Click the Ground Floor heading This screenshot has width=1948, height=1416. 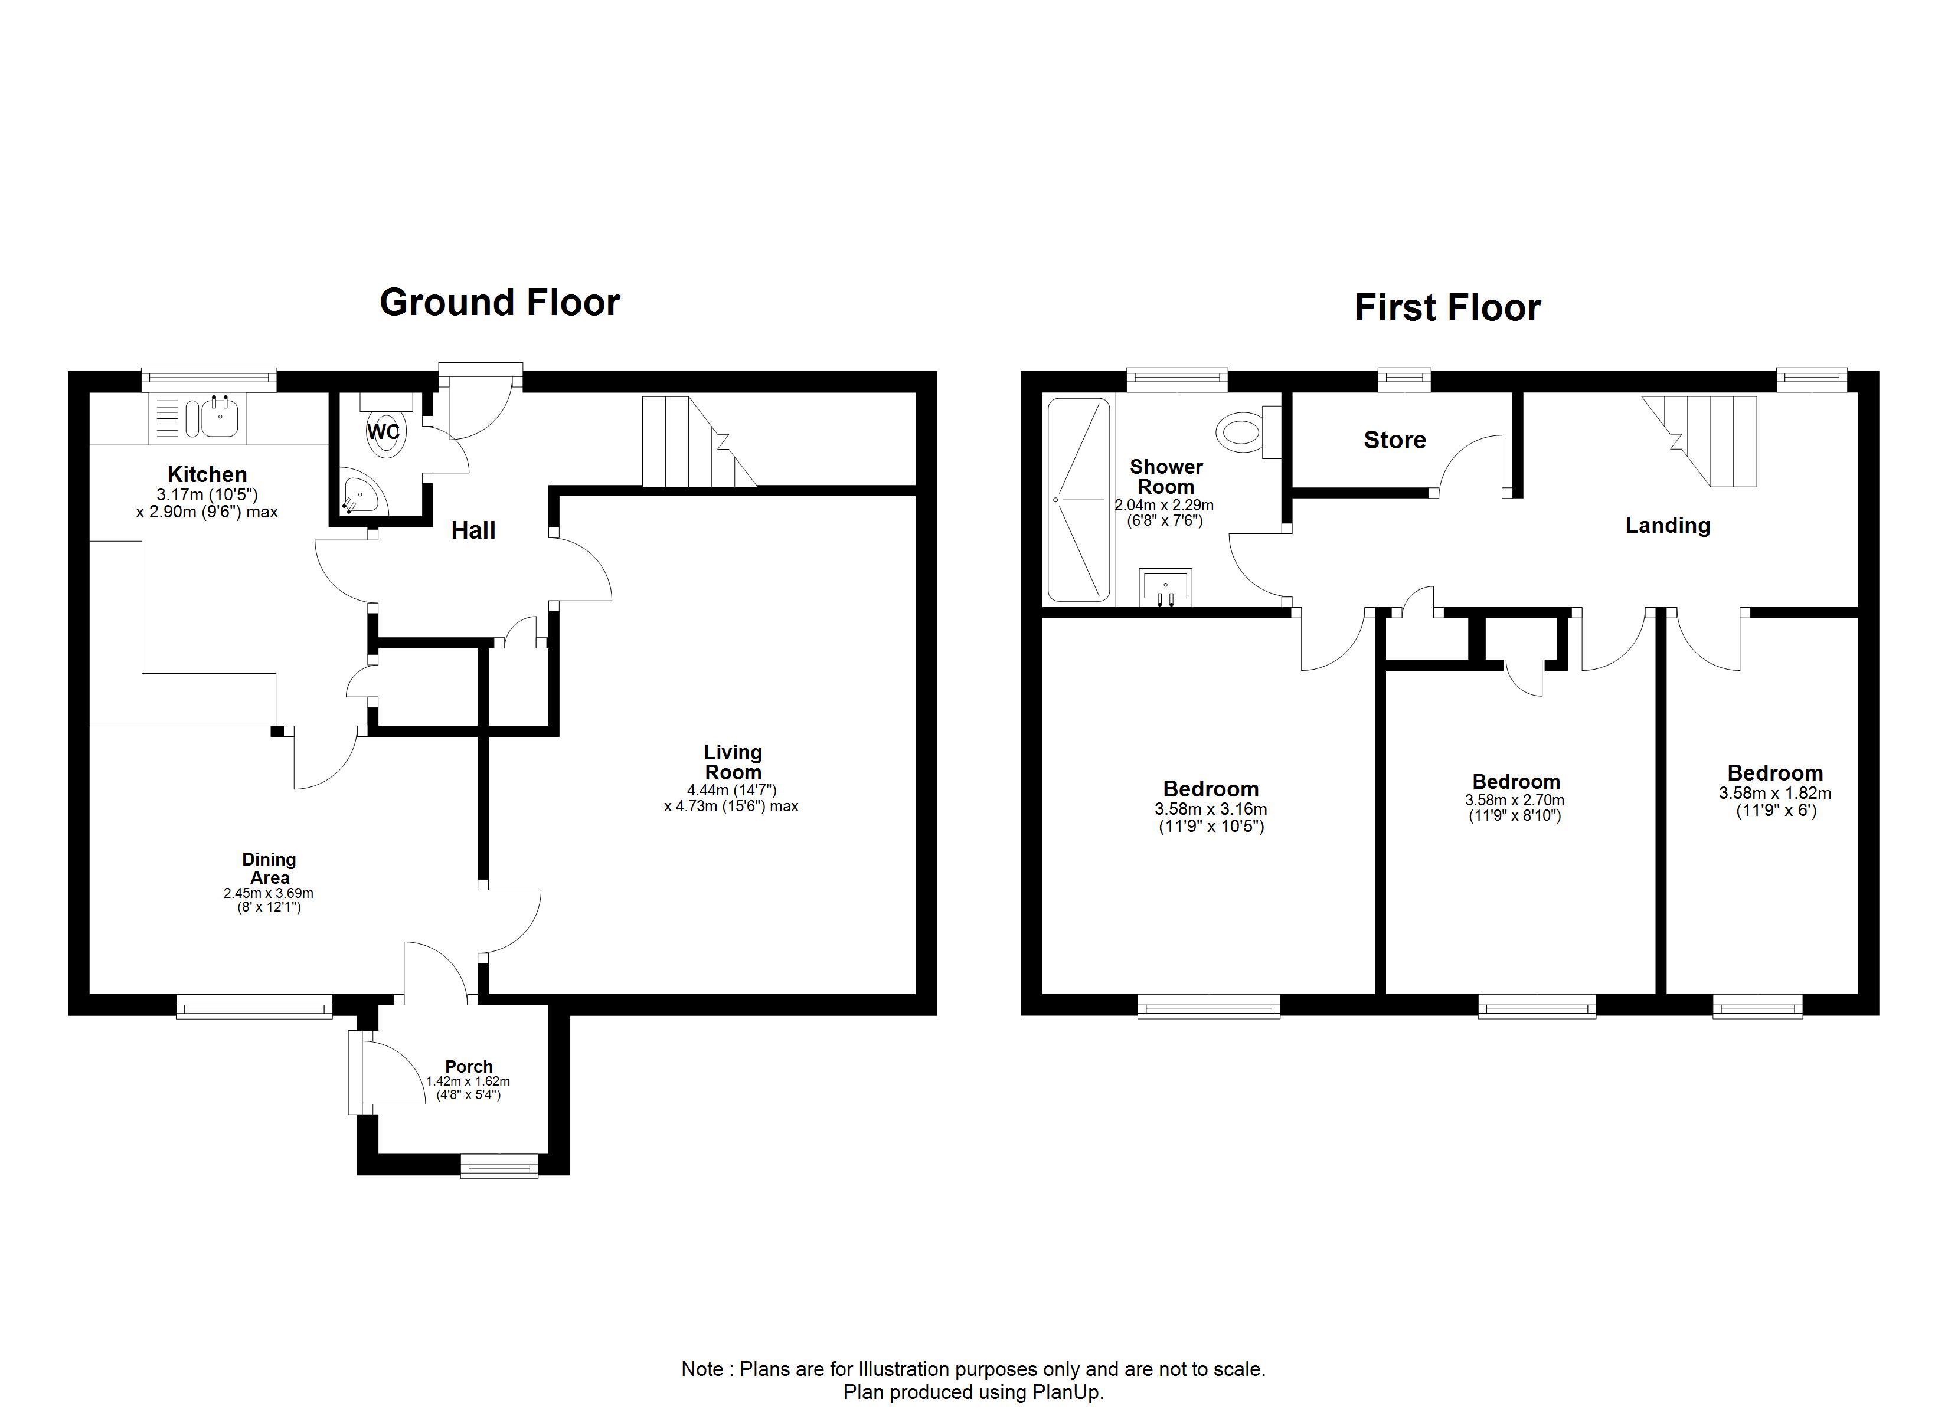(500, 302)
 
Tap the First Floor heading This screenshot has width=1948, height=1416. (1448, 307)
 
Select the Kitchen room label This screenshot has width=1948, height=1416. (207, 474)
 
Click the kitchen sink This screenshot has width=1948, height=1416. (198, 419)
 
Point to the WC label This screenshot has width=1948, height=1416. (383, 432)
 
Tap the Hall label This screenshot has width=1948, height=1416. (473, 530)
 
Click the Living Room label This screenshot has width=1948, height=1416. (733, 762)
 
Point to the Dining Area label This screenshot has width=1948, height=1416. (269, 868)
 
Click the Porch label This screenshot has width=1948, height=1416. (469, 1067)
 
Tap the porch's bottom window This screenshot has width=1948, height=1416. (499, 1166)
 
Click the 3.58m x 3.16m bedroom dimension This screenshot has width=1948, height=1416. (1211, 809)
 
